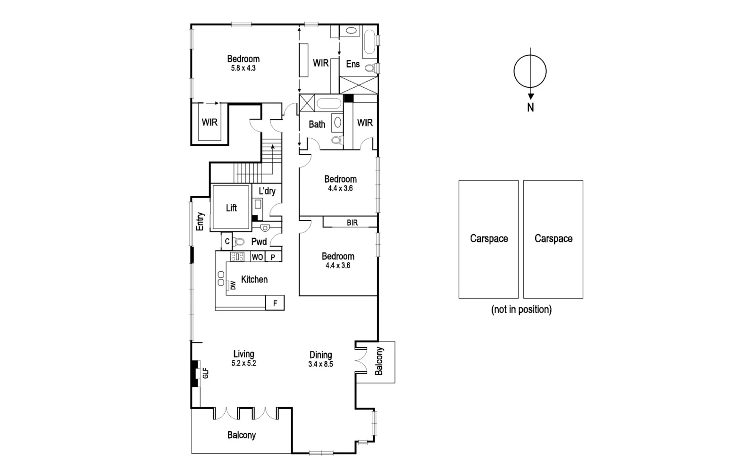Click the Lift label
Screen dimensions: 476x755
tap(231, 208)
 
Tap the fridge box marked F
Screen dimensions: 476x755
tap(275, 303)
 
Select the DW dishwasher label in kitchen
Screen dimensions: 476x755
tap(233, 285)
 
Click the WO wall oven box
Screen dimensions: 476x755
tap(257, 257)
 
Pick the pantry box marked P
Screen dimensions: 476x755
tap(273, 257)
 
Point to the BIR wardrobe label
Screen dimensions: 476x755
tap(352, 223)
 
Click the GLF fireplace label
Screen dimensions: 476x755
tap(205, 374)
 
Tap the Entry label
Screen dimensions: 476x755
tap(200, 221)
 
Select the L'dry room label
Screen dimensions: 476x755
tap(267, 191)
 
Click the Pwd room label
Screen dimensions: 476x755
tap(259, 242)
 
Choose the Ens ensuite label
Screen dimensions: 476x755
tap(353, 64)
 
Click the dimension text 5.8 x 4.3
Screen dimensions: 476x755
tap(243, 68)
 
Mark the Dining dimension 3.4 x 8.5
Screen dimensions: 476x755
tap(320, 364)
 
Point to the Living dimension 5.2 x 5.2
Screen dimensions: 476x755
tap(243, 363)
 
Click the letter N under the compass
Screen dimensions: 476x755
tap(530, 108)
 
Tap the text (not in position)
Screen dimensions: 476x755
tap(521, 309)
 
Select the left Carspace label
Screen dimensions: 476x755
tap(489, 239)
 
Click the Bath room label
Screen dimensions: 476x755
tap(317, 125)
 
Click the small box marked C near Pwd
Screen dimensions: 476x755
tap(227, 242)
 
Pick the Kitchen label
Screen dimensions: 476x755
tap(254, 279)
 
